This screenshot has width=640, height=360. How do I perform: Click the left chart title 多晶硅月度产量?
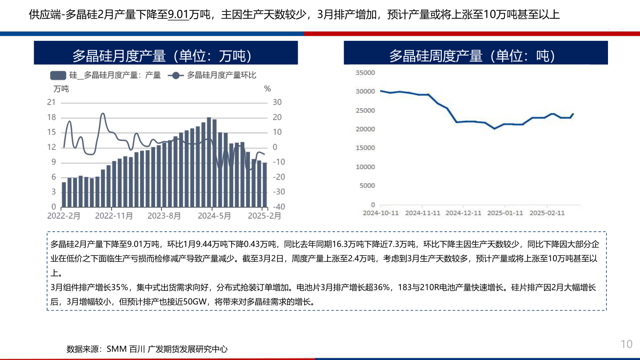(165, 56)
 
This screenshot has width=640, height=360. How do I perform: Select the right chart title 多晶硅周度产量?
(475, 56)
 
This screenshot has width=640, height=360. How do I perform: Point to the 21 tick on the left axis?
(52, 103)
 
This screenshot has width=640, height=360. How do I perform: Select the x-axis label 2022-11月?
(114, 216)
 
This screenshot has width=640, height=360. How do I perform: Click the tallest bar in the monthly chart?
(209, 162)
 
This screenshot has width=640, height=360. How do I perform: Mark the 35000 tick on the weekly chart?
(366, 73)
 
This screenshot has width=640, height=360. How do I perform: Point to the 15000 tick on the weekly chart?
(366, 148)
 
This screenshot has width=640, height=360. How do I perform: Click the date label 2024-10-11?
(380, 213)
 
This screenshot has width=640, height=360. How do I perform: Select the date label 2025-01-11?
(505, 213)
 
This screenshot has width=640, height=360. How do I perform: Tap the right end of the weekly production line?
(573, 114)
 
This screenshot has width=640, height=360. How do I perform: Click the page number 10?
(626, 344)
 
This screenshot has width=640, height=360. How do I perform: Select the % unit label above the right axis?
(267, 89)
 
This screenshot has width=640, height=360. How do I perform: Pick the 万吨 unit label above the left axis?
(61, 89)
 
